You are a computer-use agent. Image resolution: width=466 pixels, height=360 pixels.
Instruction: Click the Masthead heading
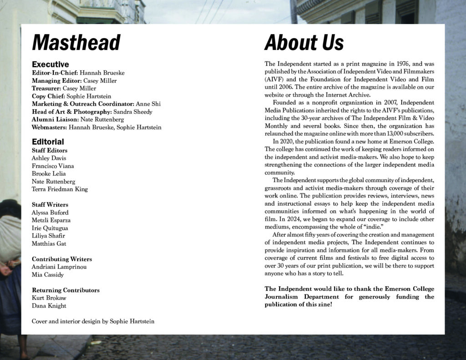(76, 43)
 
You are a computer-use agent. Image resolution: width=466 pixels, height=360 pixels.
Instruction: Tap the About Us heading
(304, 43)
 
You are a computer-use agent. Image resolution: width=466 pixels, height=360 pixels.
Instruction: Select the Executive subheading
(51, 65)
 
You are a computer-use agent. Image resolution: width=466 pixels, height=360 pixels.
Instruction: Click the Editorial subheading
(48, 142)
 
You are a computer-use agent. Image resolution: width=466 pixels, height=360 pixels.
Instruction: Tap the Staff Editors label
(50, 150)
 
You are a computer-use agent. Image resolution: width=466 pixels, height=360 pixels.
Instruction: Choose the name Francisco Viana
(53, 166)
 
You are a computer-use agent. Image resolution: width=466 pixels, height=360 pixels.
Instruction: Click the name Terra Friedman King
(60, 189)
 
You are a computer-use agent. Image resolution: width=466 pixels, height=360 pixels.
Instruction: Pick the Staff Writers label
(50, 204)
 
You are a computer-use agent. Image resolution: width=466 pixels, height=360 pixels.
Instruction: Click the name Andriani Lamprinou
(59, 267)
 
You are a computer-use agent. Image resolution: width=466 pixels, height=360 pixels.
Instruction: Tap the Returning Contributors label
(66, 290)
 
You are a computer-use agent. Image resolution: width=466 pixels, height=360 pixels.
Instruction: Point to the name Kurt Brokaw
(49, 298)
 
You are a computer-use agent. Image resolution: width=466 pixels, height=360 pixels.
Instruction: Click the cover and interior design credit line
(93, 321)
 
